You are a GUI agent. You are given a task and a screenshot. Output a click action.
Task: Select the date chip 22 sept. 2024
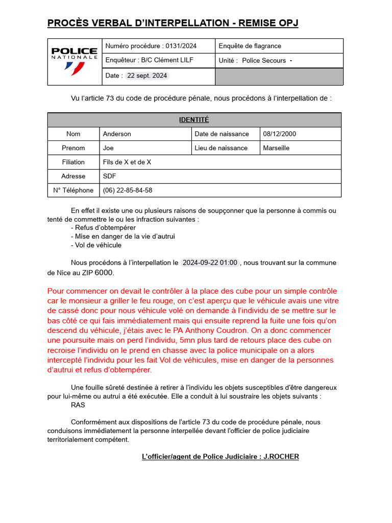(147, 76)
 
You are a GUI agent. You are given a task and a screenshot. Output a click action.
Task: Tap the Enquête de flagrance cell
(250, 46)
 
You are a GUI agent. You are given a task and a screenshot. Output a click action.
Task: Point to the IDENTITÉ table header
(194, 120)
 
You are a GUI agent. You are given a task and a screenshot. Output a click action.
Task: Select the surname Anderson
(117, 134)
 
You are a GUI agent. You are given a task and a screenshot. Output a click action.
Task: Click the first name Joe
(108, 148)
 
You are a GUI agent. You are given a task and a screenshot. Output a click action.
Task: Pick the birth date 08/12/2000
(279, 134)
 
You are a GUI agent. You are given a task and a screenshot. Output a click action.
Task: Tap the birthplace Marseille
(276, 148)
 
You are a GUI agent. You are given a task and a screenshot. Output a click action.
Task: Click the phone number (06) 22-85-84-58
(128, 190)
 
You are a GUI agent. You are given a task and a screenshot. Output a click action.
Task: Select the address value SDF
(109, 176)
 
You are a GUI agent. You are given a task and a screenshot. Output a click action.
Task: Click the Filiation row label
(73, 162)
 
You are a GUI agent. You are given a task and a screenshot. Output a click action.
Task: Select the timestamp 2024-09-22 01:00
(210, 263)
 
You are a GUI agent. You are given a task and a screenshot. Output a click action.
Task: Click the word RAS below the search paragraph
(78, 405)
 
